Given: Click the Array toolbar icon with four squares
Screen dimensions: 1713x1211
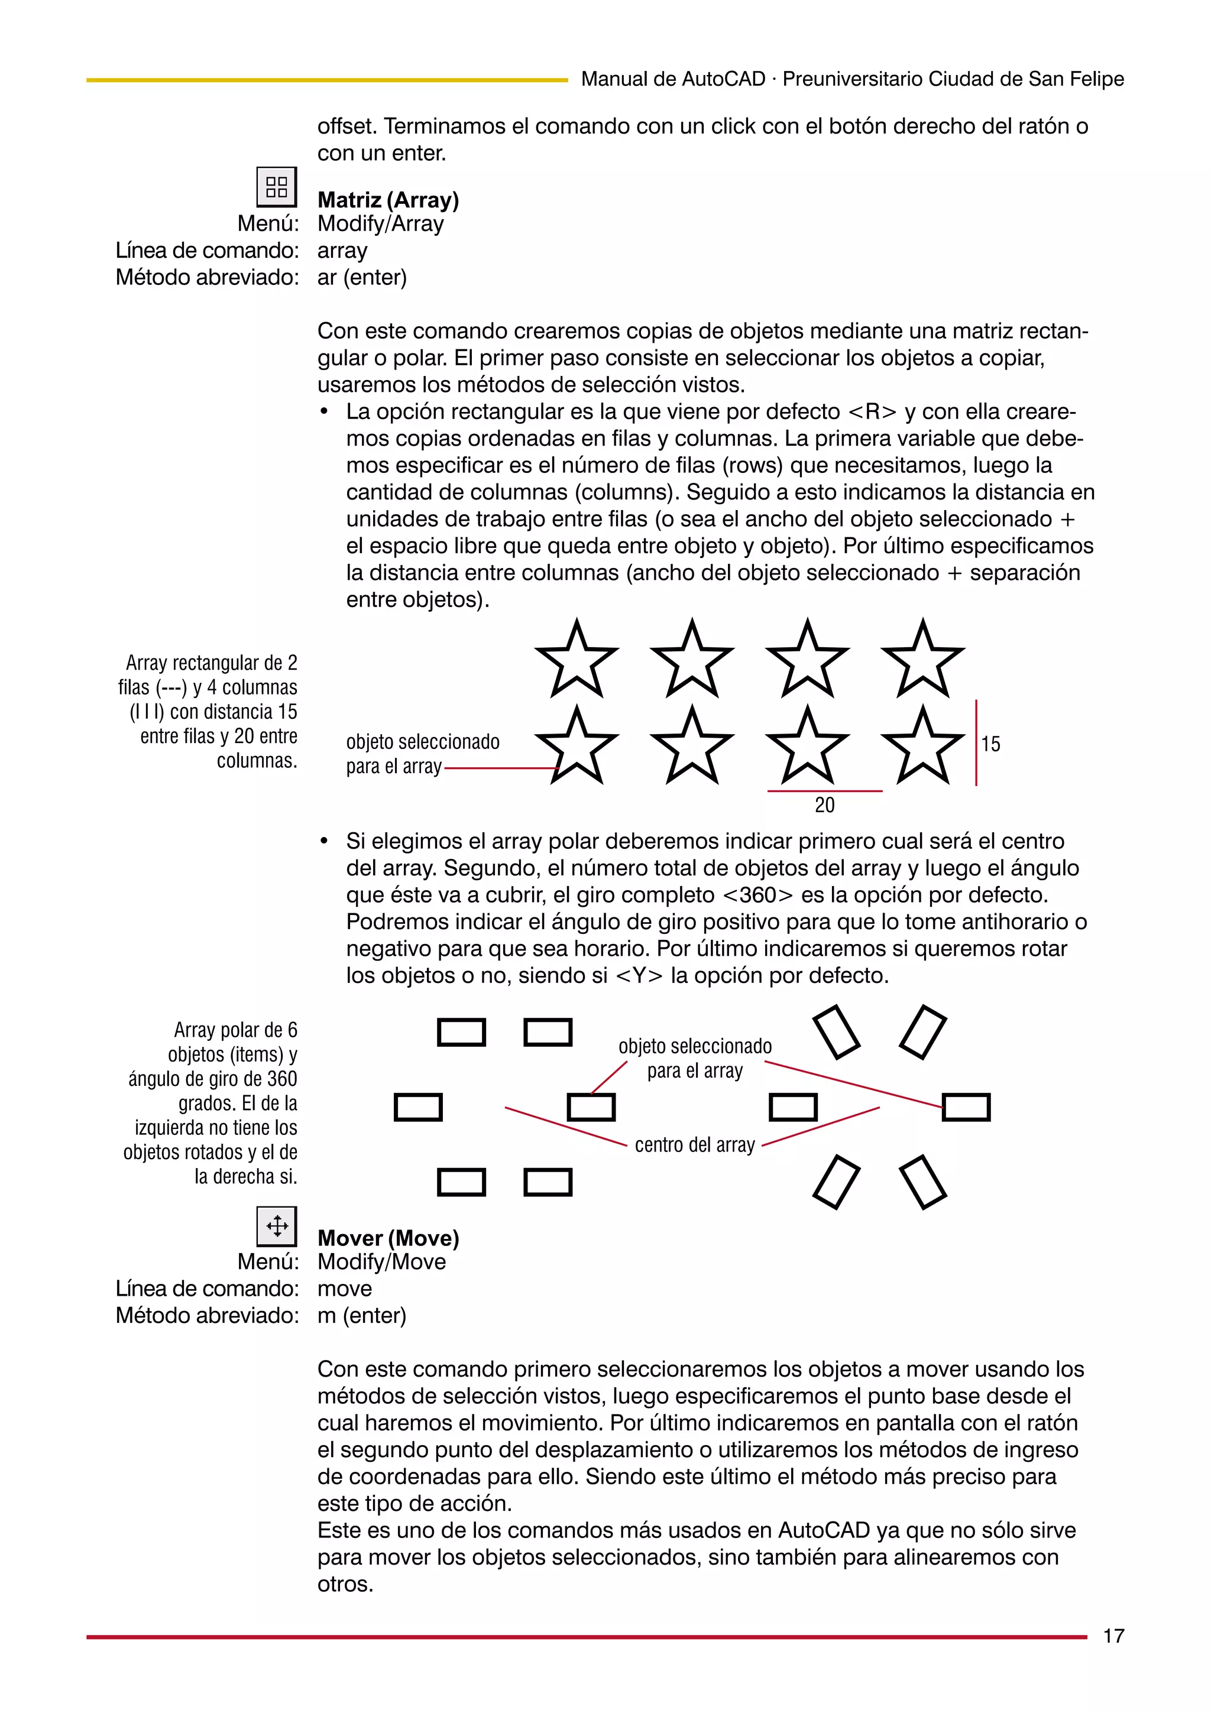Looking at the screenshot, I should coord(276,187).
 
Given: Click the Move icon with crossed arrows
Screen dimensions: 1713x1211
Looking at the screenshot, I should coord(276,1226).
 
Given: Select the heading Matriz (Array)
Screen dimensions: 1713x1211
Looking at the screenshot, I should coord(388,200).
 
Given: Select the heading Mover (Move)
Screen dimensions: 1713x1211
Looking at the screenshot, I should coord(388,1238).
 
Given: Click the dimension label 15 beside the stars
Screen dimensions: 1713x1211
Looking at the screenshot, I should coord(990,744).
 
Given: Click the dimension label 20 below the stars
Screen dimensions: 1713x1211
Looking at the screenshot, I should coord(824,805).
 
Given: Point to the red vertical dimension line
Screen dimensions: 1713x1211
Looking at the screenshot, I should coord(976,742).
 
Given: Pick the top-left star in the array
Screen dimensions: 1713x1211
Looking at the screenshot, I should coord(577,660).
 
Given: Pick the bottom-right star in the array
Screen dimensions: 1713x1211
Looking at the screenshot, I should coord(923,747).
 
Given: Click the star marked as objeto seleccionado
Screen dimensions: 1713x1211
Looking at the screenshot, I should coord(577,747).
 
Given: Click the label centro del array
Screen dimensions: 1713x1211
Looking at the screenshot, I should coord(695,1145).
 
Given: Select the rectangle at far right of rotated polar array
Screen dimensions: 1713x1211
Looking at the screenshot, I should coord(966,1107).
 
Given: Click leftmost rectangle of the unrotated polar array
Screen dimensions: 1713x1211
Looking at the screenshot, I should coord(418,1107).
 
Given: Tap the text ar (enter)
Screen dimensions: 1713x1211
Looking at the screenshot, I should coord(362,278).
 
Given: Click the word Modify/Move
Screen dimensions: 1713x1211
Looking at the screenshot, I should coord(381,1263).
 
